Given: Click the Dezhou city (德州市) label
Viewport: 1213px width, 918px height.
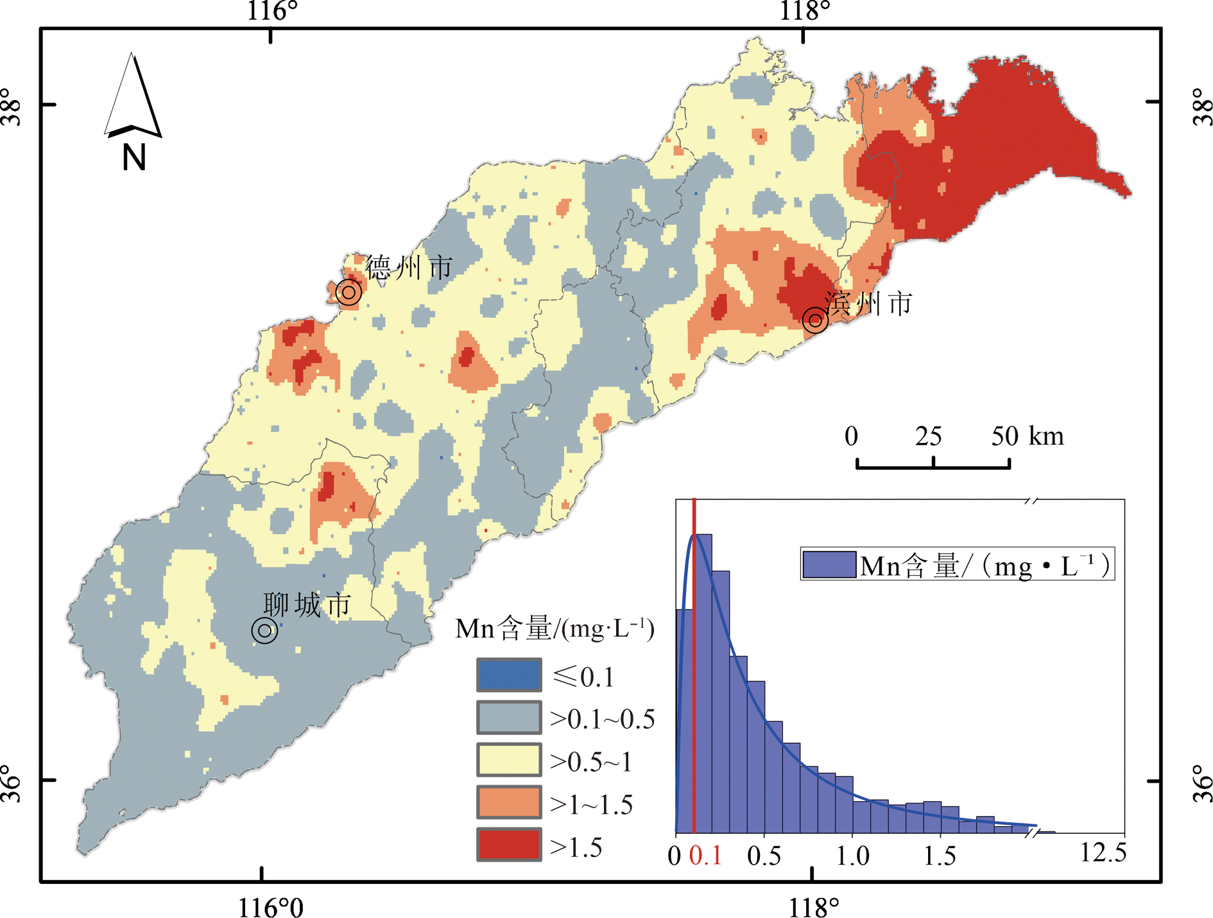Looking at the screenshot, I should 409,267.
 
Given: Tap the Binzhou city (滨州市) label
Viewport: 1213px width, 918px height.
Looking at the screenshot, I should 868,304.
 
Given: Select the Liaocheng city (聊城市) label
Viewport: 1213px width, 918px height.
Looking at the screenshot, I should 307,605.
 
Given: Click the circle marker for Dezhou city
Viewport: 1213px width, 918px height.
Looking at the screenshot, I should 348,293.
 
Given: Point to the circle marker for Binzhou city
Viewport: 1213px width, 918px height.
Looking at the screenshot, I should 815,319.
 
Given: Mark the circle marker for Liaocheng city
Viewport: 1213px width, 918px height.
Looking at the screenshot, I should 264,630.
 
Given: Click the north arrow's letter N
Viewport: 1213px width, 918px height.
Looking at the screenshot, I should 134,157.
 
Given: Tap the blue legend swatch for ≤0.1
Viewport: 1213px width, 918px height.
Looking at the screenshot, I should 508,675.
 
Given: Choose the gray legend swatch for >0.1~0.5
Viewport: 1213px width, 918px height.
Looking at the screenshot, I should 508,718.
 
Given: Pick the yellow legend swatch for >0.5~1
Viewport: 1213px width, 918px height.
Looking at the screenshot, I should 508,760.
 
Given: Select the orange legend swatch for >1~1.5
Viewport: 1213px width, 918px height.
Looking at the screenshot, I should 508,803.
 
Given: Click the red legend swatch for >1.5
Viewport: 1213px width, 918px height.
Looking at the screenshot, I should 508,845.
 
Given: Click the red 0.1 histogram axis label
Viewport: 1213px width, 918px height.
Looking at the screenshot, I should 705,856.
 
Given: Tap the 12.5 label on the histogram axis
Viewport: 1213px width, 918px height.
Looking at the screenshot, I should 1103,853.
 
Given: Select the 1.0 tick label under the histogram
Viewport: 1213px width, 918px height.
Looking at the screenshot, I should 852,856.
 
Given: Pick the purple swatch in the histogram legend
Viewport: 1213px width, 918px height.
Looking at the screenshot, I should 829,565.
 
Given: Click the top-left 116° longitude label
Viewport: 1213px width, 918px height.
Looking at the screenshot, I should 272,11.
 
